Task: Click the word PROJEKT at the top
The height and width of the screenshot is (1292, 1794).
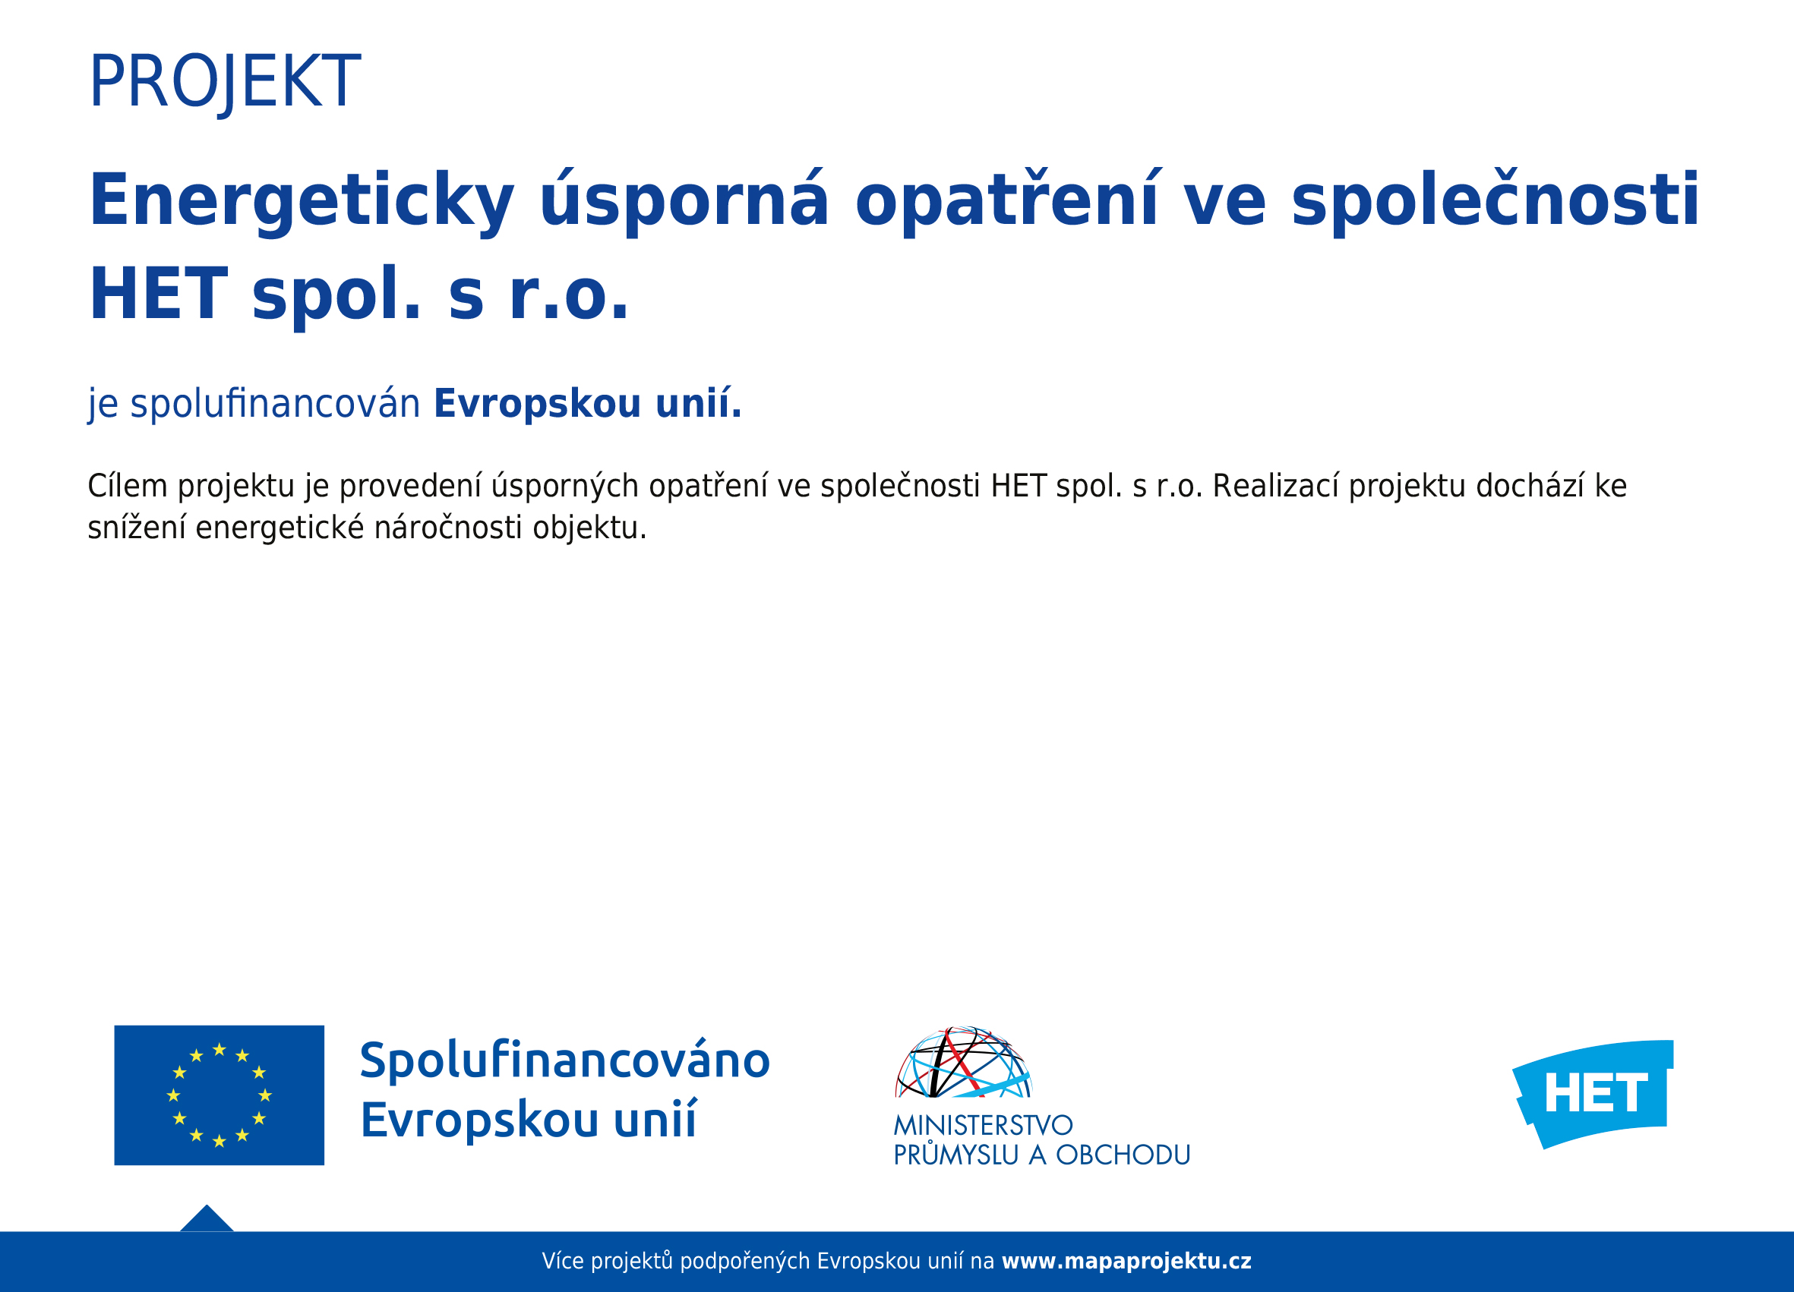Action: tap(225, 81)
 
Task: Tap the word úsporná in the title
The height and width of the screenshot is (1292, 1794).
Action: tap(684, 202)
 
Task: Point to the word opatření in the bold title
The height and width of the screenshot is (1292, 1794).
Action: tap(1006, 202)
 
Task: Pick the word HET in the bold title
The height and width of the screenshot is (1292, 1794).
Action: tap(158, 294)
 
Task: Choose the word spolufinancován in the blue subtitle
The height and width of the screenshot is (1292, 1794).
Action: tap(275, 404)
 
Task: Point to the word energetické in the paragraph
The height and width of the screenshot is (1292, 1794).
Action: tap(280, 528)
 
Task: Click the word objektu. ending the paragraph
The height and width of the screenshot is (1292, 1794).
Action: tap(589, 528)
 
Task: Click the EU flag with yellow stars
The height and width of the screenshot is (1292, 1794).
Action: tap(219, 1095)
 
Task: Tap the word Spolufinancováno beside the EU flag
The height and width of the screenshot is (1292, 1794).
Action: tap(565, 1061)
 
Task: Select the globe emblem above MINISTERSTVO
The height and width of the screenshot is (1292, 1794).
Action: tap(963, 1062)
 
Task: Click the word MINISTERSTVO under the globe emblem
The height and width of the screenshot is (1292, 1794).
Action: tap(984, 1125)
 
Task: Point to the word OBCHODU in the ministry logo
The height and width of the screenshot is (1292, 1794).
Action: tap(1123, 1155)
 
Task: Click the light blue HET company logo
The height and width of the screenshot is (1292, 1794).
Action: tap(1592, 1094)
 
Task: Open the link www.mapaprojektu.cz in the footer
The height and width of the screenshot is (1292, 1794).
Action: tap(1126, 1261)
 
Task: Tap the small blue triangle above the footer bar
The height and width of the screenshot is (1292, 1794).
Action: tap(207, 1219)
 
